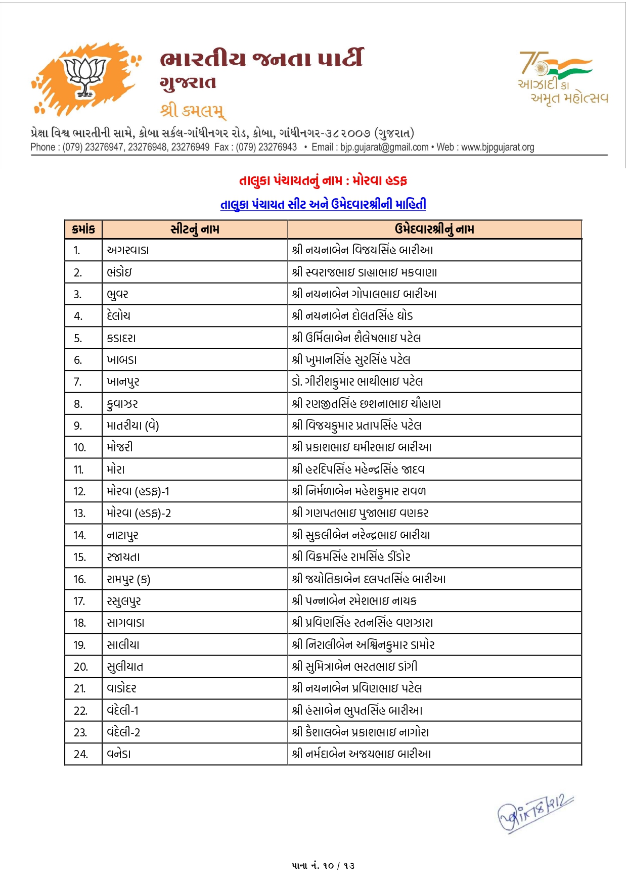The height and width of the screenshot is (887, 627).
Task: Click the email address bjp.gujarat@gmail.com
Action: [x=384, y=147]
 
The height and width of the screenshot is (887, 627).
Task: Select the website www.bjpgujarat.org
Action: [x=498, y=147]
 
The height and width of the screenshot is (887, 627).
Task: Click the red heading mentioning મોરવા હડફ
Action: [x=323, y=180]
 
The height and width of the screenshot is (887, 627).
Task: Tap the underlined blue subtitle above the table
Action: [x=323, y=204]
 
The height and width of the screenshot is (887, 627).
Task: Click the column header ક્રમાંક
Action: [x=83, y=229]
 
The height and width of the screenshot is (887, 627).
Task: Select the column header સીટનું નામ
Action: [x=195, y=229]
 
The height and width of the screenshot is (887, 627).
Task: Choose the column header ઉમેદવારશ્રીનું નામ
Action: [x=434, y=229]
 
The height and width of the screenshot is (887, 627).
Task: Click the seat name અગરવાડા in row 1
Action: [x=128, y=250]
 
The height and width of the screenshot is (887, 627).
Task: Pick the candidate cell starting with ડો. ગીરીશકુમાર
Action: [x=357, y=382]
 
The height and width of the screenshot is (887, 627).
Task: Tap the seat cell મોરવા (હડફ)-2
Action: [x=139, y=513]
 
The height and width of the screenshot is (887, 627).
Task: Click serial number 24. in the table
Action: [x=81, y=755]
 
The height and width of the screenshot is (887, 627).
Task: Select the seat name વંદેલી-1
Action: [x=123, y=711]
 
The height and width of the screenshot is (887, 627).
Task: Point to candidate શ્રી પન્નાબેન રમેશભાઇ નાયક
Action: [x=354, y=601]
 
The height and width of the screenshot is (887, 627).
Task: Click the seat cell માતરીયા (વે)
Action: [x=133, y=426]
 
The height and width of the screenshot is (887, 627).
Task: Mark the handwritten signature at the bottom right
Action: [x=535, y=813]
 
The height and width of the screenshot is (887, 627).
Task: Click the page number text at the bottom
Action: [x=323, y=865]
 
